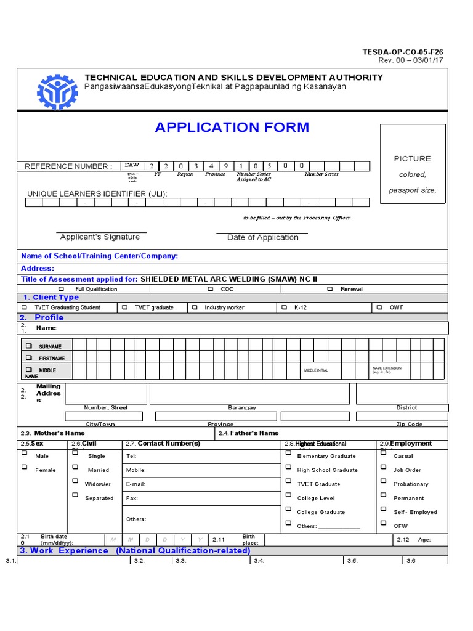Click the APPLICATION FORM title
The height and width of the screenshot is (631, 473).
pos(232,128)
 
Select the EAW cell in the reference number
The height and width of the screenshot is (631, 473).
pos(132,166)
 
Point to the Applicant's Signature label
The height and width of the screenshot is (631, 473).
pos(100,237)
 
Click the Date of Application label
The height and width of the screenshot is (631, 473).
pos(263,238)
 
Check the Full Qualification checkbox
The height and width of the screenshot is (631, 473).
pos(61,289)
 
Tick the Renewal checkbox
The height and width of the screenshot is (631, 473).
pos(330,289)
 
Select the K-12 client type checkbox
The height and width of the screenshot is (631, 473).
pos(284,307)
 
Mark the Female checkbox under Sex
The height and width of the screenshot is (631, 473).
pos(25,467)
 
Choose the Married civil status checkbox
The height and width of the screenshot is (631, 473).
pos(75,467)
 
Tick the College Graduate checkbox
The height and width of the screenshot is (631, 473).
pos(288,510)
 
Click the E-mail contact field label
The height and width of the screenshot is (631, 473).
pos(135,484)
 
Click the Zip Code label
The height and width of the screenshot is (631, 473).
pos(410,425)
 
